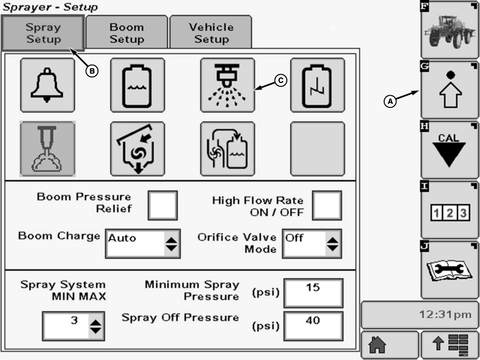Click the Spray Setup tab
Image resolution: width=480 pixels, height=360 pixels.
pyautogui.click(x=43, y=33)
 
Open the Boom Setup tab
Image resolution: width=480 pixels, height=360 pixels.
pyautogui.click(x=127, y=33)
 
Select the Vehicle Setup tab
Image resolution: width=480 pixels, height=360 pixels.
pyautogui.click(x=211, y=33)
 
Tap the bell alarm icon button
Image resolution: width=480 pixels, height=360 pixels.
pyautogui.click(x=48, y=85)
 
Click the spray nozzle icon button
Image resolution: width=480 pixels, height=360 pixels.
pyautogui.click(x=228, y=85)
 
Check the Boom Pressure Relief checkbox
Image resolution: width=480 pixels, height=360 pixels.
pyautogui.click(x=163, y=205)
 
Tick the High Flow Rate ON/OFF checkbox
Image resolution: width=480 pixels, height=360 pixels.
pyautogui.click(x=327, y=205)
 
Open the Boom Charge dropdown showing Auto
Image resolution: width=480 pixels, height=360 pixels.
pyautogui.click(x=143, y=243)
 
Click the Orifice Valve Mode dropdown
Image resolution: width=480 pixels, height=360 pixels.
pyautogui.click(x=312, y=243)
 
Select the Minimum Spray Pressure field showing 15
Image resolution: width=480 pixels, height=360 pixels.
pyautogui.click(x=313, y=292)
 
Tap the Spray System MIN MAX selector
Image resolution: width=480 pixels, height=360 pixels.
pyautogui.click(x=73, y=326)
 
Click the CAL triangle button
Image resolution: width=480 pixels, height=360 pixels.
pyautogui.click(x=449, y=150)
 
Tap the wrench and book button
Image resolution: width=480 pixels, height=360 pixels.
pyautogui.click(x=449, y=270)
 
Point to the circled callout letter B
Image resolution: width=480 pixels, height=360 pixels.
pyautogui.click(x=93, y=70)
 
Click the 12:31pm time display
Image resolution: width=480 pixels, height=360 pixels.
pyautogui.click(x=420, y=315)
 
